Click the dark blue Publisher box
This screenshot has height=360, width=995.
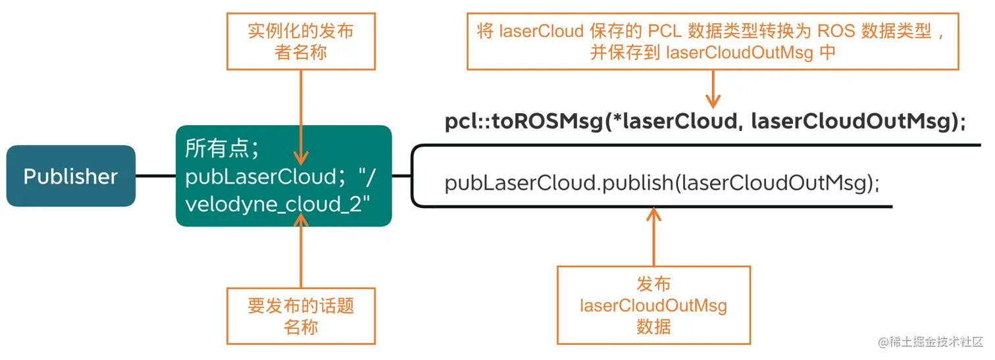pos(71,176)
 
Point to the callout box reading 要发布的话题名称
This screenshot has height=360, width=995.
pos(301,316)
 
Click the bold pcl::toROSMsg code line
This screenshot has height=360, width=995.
pos(705,122)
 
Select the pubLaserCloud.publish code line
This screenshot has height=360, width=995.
pos(662,183)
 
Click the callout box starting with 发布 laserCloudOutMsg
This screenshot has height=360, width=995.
pos(653,305)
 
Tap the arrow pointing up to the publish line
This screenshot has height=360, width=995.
pos(653,237)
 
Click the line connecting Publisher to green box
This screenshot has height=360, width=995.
pos(155,176)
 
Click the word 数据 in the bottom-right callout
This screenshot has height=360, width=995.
pos(653,326)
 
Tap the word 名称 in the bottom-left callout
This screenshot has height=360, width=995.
pos(301,326)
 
